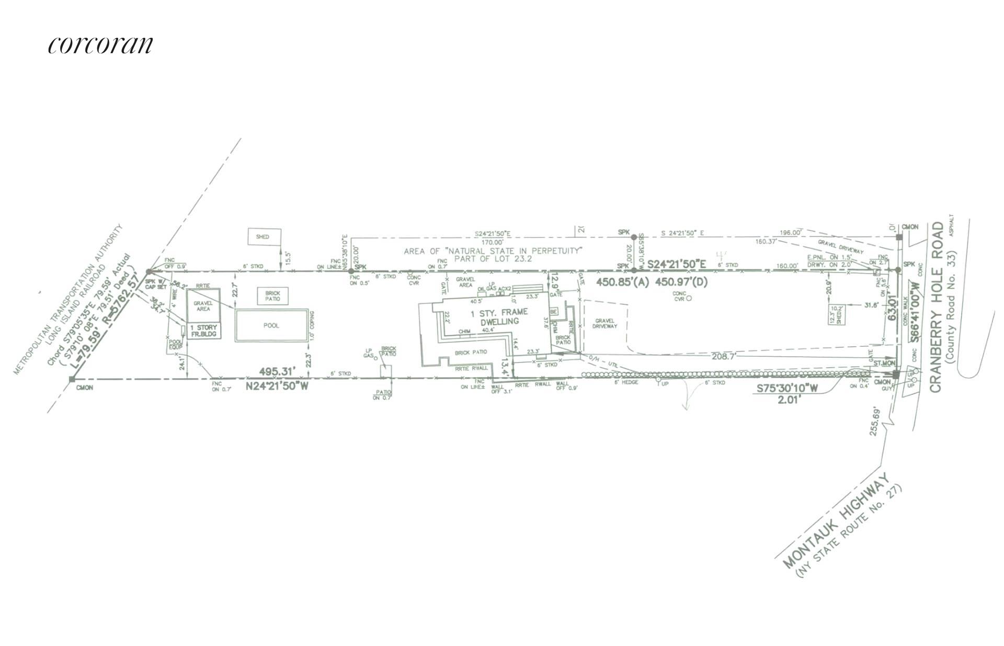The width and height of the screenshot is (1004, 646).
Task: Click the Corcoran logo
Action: pyautogui.click(x=101, y=45)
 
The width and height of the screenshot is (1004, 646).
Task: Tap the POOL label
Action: pyautogui.click(x=271, y=325)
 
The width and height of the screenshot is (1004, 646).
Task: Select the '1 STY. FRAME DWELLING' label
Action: pyautogui.click(x=496, y=316)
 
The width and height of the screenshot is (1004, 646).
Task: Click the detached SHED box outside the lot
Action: pyautogui.click(x=263, y=237)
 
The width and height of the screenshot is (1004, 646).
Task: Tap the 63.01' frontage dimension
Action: pyautogui.click(x=893, y=308)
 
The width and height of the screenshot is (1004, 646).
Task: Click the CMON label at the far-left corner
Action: pyautogui.click(x=85, y=388)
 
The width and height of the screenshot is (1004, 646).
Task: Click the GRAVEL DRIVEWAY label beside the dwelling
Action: pyautogui.click(x=605, y=323)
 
